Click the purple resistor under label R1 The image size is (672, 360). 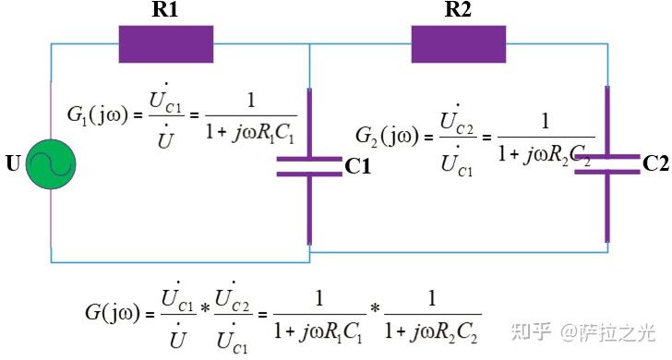tap(166, 43)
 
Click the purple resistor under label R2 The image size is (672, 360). tap(458, 43)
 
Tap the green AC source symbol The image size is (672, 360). tap(51, 165)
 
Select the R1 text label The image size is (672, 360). tap(166, 11)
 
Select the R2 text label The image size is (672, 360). tap(459, 11)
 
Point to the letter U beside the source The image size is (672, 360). tap(13, 167)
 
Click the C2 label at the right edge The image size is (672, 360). tap(655, 164)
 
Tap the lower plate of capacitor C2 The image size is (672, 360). tap(606, 172)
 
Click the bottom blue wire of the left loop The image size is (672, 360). tap(180, 262)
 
